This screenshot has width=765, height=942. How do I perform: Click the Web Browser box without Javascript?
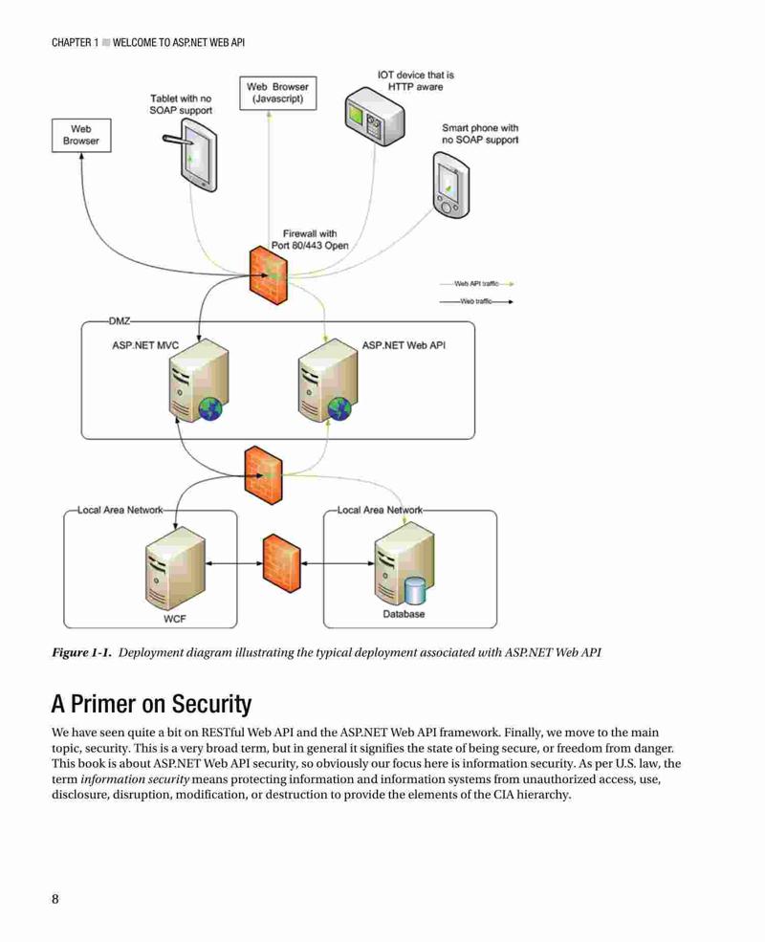(81, 135)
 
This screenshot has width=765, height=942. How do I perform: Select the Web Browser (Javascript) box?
(277, 93)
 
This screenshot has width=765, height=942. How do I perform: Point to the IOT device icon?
(375, 117)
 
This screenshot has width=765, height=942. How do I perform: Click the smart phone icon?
(451, 185)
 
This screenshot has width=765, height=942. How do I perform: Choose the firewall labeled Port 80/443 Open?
(268, 275)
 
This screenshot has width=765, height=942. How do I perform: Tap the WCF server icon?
(175, 569)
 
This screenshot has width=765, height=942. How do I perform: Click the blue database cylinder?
(414, 591)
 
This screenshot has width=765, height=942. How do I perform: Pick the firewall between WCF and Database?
(282, 563)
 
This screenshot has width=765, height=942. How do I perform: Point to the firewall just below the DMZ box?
(263, 476)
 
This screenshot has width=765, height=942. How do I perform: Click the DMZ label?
(120, 321)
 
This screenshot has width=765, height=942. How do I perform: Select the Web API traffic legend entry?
(476, 284)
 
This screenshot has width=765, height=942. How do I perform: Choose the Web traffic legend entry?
(476, 301)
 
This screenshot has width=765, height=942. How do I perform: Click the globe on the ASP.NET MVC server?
(210, 409)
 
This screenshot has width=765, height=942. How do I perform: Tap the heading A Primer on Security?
(151, 704)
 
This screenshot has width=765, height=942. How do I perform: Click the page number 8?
(55, 899)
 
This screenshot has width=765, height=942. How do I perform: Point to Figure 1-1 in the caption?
(81, 652)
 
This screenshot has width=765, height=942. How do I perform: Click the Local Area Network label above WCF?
(120, 510)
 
